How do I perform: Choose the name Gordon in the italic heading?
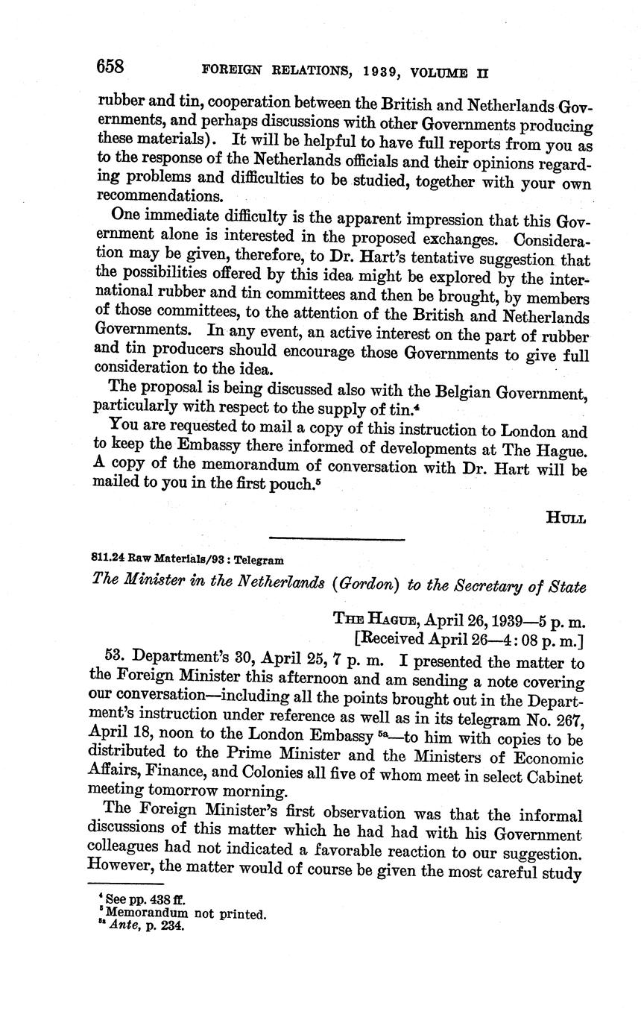point(365,585)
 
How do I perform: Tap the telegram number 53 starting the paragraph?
point(118,661)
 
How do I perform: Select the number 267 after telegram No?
point(566,718)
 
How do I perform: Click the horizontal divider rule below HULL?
point(336,538)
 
